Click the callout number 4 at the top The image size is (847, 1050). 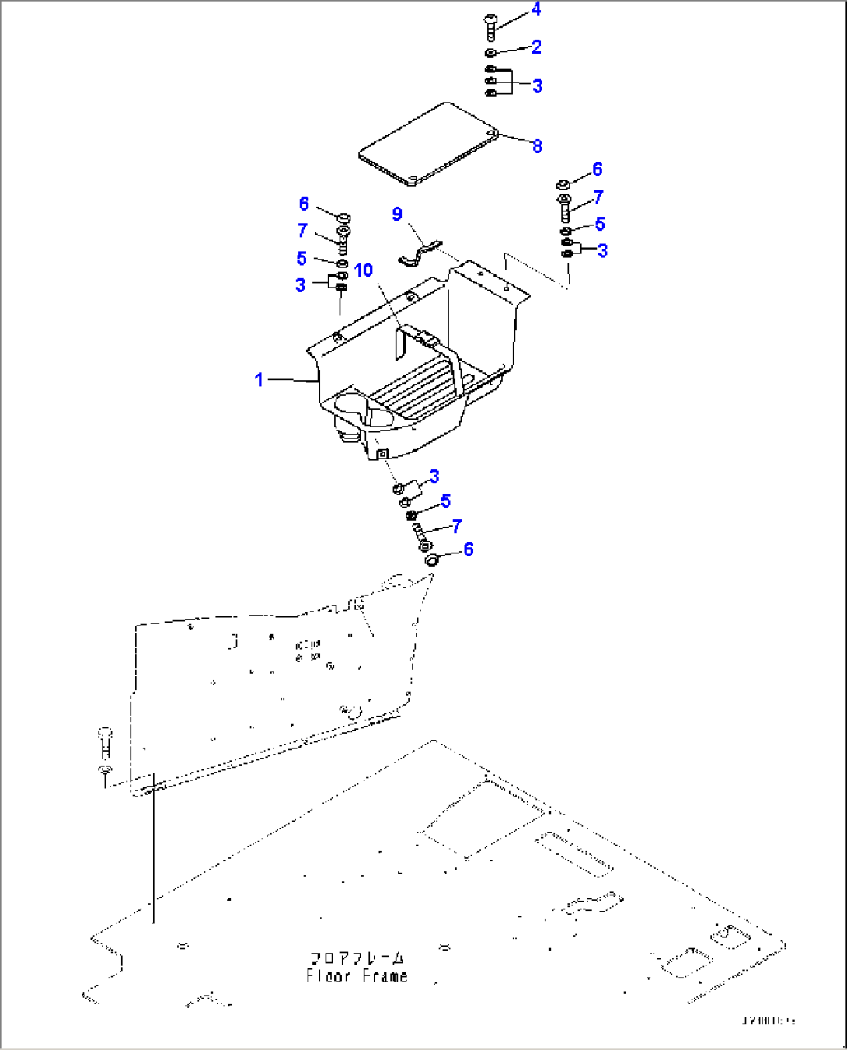(535, 9)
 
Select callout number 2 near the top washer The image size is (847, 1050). (536, 47)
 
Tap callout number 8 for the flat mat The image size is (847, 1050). (537, 146)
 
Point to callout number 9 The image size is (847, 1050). (397, 214)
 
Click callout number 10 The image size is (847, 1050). (364, 270)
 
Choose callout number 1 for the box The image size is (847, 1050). (259, 380)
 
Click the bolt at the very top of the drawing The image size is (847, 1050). (490, 27)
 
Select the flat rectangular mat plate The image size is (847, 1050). (428, 144)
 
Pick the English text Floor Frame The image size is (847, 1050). (357, 977)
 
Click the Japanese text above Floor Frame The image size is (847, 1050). (357, 958)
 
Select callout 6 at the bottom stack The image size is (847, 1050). (468, 549)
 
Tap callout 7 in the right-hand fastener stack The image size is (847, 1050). (598, 197)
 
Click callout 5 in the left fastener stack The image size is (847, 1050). (302, 258)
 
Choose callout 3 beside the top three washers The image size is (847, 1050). (537, 85)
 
